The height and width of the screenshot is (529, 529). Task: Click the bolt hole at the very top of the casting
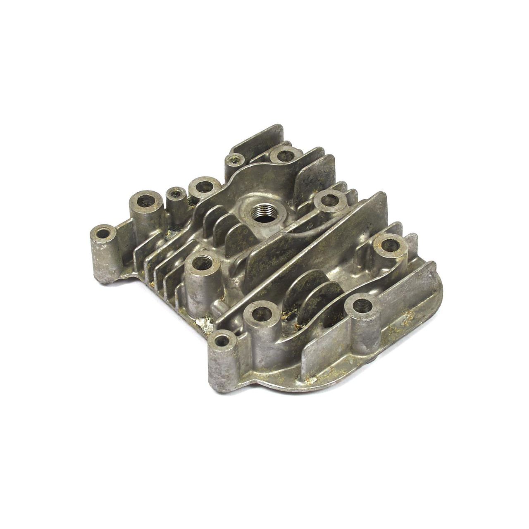pos(283,155)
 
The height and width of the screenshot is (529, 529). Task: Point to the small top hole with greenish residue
pos(234,158)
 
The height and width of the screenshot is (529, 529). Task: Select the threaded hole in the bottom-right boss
pos(362,306)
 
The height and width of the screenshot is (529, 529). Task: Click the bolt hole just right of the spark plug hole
pos(330,201)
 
